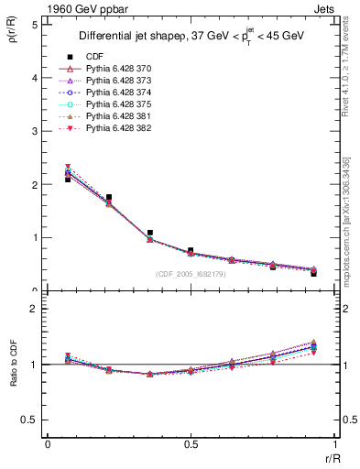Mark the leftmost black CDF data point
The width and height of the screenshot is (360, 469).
[68, 180]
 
